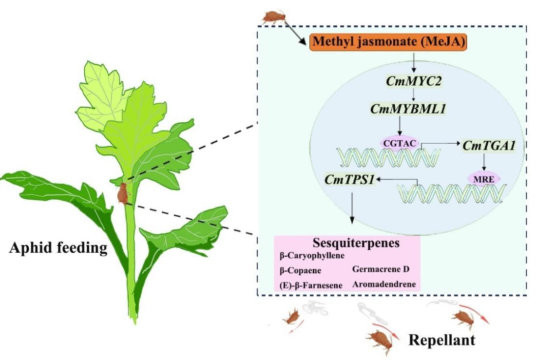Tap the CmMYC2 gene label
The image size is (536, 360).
tap(414, 81)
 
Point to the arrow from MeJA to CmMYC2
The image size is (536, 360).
tap(414, 62)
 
